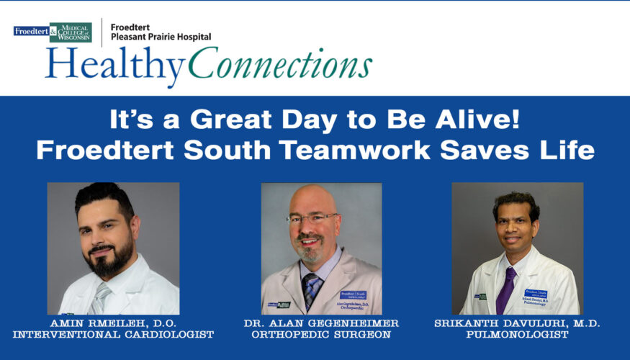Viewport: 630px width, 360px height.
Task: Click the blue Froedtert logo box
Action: [x=30, y=31]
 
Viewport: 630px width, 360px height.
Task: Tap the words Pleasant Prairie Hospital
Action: [x=161, y=36]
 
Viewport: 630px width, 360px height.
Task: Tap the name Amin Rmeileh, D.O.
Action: [x=113, y=323]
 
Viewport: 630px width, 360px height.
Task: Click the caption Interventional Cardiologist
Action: [x=113, y=335]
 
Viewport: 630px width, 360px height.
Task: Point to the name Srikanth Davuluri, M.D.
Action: [x=518, y=323]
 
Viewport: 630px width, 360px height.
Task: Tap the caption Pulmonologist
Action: [x=518, y=335]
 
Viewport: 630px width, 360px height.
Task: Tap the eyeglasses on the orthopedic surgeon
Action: [x=311, y=217]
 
